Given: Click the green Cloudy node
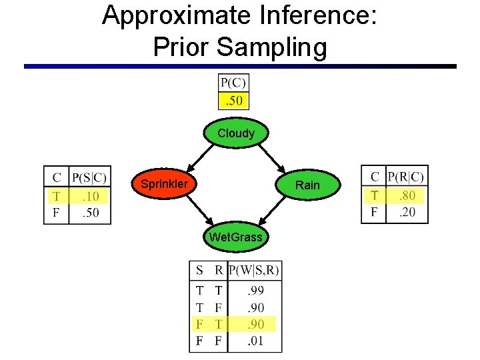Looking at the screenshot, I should [x=236, y=133].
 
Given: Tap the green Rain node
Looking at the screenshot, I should [x=307, y=185].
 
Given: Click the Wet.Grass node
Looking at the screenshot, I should [x=235, y=237].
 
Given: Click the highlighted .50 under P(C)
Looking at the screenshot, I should [x=234, y=101].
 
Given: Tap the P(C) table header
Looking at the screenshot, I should [x=233, y=83].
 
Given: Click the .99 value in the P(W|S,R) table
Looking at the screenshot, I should [x=255, y=291].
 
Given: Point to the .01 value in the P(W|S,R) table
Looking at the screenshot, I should [x=255, y=342].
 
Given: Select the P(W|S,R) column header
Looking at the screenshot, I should [x=254, y=271].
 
